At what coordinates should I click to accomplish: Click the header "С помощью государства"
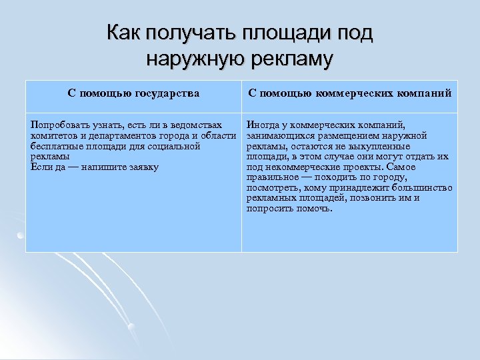133,93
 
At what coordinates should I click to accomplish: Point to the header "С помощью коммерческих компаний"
349,93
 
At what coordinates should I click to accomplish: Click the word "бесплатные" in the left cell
55,146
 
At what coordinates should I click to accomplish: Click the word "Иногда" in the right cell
262,125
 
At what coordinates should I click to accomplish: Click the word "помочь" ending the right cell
314,209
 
